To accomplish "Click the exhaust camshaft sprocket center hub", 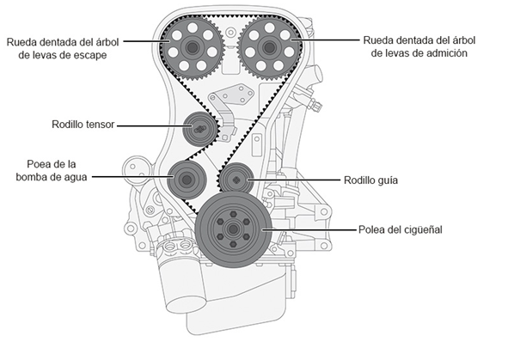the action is click(193, 48).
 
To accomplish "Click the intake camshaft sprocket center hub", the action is click(269, 48).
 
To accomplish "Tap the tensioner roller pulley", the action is click(199, 129).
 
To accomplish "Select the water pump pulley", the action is click(187, 180).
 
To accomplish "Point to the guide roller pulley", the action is click(236, 180).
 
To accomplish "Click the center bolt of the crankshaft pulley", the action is click(233, 229).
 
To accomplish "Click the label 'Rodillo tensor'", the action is click(83, 125).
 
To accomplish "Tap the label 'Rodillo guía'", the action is click(370, 180).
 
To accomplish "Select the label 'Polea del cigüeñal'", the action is click(400, 229).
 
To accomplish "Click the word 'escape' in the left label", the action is click(89, 55).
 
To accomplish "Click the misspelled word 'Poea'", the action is click(37, 164).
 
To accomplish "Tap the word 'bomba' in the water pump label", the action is click(30, 177).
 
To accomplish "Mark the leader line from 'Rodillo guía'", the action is click(294, 180).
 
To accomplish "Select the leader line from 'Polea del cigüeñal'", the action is click(309, 229).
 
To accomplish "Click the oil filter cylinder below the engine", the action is click(182, 288).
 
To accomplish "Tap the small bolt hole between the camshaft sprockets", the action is click(230, 33).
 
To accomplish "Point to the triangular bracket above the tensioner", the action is click(232, 95).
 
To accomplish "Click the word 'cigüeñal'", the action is click(422, 229).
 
